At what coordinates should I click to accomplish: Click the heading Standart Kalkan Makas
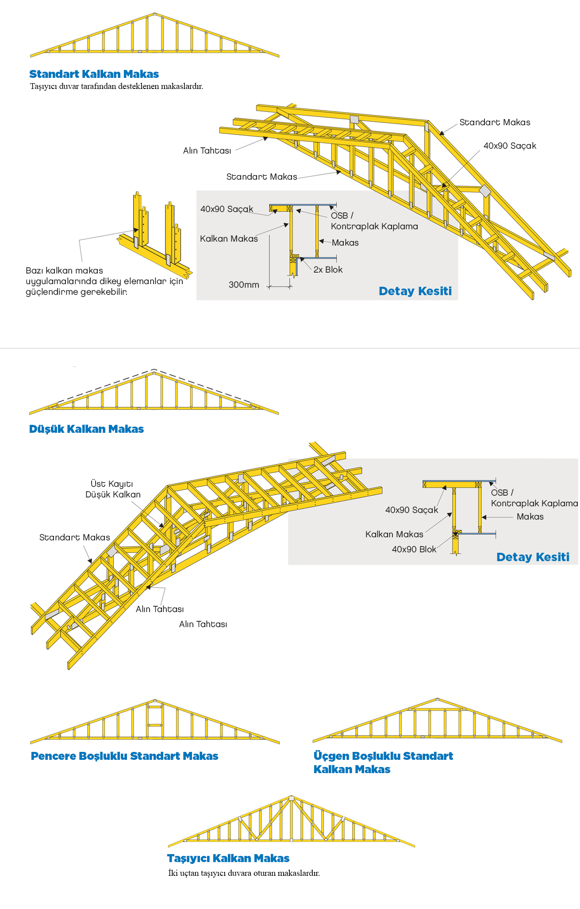94,74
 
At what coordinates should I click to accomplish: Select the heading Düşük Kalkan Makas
86,429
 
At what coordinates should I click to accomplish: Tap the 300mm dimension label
244,285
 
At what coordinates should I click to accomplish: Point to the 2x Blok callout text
328,270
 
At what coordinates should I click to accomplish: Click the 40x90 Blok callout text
414,550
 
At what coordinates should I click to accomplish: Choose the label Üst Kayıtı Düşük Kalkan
112,489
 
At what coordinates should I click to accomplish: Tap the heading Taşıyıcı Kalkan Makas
228,859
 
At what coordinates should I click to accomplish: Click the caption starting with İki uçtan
244,874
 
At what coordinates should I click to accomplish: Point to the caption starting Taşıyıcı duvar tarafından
116,86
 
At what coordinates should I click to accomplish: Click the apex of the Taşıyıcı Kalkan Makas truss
291,798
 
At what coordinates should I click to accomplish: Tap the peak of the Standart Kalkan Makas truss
154,15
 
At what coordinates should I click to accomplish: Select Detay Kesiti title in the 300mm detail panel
415,291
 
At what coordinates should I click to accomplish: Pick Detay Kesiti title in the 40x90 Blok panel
533,557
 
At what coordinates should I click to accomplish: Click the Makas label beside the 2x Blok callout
345,243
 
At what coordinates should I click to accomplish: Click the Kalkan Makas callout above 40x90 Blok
394,535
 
